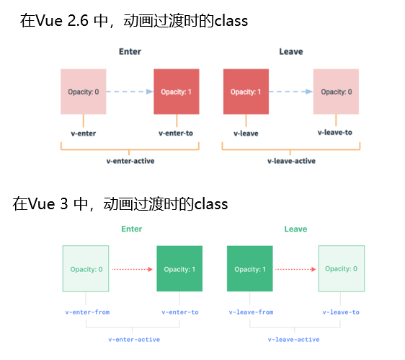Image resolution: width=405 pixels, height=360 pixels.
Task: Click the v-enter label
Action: [83, 133]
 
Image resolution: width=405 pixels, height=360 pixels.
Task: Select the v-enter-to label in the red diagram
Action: [176, 133]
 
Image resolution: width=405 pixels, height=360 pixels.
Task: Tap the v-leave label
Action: [246, 133]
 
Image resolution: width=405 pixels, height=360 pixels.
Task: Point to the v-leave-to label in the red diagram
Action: [335, 133]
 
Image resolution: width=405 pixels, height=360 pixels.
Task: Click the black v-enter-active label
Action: [130, 161]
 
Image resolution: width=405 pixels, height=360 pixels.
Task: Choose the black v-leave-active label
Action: [290, 161]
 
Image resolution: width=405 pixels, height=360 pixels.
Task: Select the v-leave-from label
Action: [251, 312]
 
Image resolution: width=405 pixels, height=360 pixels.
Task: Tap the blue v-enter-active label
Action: [134, 339]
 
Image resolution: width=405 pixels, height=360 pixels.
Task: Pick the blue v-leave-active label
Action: [293, 339]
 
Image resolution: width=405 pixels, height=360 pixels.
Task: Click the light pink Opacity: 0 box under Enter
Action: [83, 92]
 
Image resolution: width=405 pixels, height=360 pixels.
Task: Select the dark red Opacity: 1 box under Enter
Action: [176, 92]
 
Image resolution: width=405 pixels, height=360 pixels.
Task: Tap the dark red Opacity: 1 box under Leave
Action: [246, 92]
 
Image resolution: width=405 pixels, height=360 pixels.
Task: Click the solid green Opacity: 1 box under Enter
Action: [179, 269]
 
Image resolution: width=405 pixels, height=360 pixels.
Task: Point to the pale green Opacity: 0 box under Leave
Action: [341, 268]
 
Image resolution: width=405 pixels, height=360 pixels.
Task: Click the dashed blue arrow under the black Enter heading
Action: [130, 92]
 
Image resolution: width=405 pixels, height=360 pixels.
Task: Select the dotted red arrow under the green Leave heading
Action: [295, 269]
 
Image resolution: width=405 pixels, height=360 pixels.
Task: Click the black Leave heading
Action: [291, 52]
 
